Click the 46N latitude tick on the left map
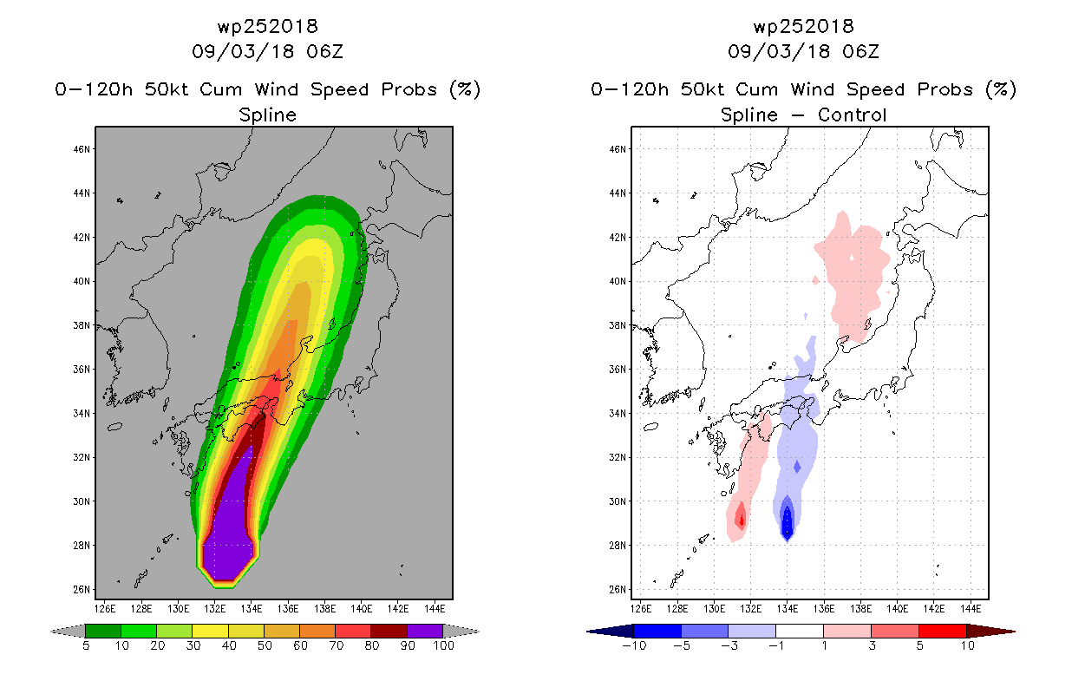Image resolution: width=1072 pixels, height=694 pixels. [82, 149]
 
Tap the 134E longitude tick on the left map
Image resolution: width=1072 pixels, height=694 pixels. [252, 609]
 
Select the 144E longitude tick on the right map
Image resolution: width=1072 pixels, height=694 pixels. [971, 609]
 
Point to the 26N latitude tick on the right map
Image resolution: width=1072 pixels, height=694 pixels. [618, 590]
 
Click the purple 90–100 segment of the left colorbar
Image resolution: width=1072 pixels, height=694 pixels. [425, 631]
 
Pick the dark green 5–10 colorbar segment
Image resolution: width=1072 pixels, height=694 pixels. [103, 631]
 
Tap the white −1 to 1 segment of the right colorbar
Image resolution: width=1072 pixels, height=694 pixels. [800, 631]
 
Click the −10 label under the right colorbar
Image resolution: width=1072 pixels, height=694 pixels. [634, 646]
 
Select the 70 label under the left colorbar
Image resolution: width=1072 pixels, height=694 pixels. [337, 646]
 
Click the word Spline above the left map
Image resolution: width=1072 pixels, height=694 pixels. [267, 115]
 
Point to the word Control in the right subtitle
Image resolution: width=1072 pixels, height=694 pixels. [853, 115]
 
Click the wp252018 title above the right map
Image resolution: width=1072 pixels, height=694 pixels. [804, 26]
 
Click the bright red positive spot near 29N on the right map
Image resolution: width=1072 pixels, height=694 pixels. [742, 518]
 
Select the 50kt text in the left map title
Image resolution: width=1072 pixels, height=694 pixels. [167, 89]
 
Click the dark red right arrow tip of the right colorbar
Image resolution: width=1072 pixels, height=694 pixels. [1014, 632]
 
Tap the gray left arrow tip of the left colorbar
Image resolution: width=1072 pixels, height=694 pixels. [51, 632]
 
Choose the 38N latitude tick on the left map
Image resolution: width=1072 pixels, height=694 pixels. [82, 325]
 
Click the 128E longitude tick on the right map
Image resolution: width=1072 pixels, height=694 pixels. [677, 609]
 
